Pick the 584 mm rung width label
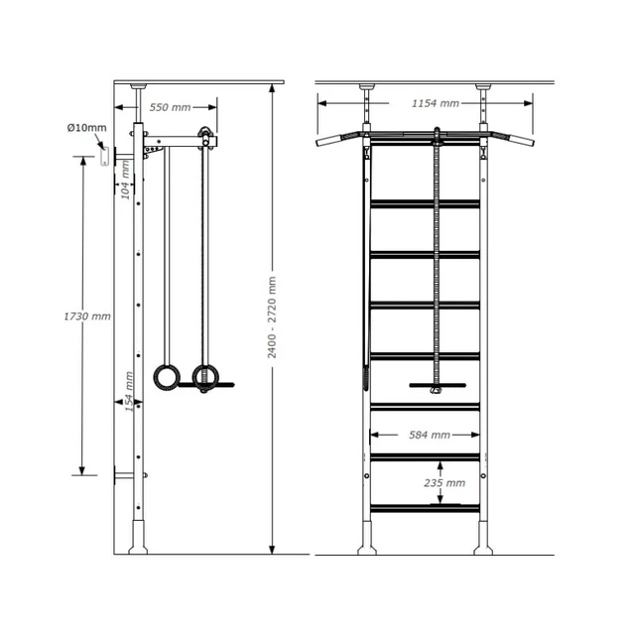coord(427,435)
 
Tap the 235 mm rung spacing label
coord(443,483)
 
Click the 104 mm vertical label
coord(125,180)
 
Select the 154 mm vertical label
coord(125,390)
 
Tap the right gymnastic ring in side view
coord(205,377)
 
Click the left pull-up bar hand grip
coord(328,141)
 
